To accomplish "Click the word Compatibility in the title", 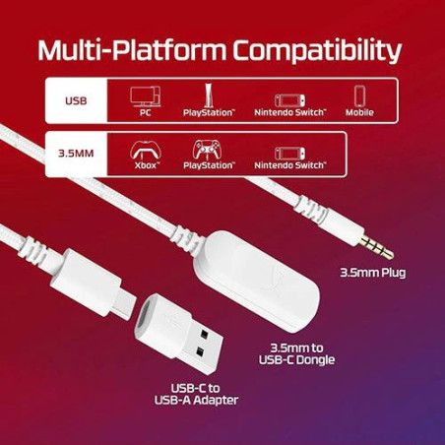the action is pyautogui.click(x=317, y=51).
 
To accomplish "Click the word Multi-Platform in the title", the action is pyautogui.click(x=132, y=50).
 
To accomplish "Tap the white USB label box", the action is pyautogui.click(x=76, y=100).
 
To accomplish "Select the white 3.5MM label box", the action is pyautogui.click(x=76, y=154).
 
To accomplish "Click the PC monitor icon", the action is pyautogui.click(x=146, y=96).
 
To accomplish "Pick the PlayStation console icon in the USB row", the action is pyautogui.click(x=208, y=95).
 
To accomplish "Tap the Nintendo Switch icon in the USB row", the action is pyautogui.click(x=289, y=100).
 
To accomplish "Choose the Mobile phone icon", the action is pyautogui.click(x=359, y=95).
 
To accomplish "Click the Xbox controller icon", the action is pyautogui.click(x=146, y=151).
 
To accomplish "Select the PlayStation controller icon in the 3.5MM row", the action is pyautogui.click(x=207, y=150).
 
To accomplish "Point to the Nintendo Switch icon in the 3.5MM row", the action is pyautogui.click(x=289, y=154).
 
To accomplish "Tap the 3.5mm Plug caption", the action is pyautogui.click(x=373, y=273).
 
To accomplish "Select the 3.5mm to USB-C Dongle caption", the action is pyautogui.click(x=296, y=353).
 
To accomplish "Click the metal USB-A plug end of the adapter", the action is pyautogui.click(x=205, y=344).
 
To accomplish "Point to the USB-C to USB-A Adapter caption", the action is pyautogui.click(x=196, y=394).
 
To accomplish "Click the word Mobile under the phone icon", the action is pyautogui.click(x=359, y=112).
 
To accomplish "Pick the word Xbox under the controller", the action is pyautogui.click(x=146, y=165).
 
